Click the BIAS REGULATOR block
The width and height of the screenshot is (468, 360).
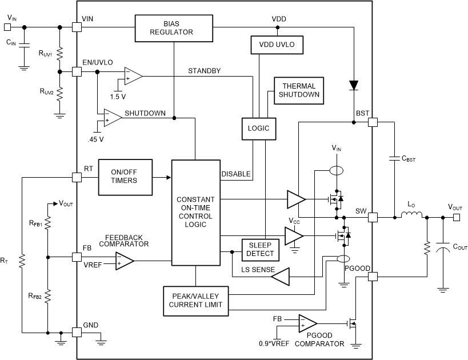click(172, 27)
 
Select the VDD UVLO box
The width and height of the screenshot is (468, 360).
click(275, 44)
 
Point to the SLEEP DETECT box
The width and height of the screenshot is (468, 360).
click(260, 249)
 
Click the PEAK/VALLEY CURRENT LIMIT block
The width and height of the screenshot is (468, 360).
click(195, 300)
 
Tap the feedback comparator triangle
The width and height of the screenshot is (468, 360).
click(124, 261)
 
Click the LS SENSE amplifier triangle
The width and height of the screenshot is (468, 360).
click(280, 278)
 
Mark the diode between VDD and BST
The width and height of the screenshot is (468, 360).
click(354, 86)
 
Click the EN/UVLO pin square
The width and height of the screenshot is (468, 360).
click(76, 72)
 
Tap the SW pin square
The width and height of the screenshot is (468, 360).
click(373, 217)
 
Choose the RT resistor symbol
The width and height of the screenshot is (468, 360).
click(21, 261)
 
